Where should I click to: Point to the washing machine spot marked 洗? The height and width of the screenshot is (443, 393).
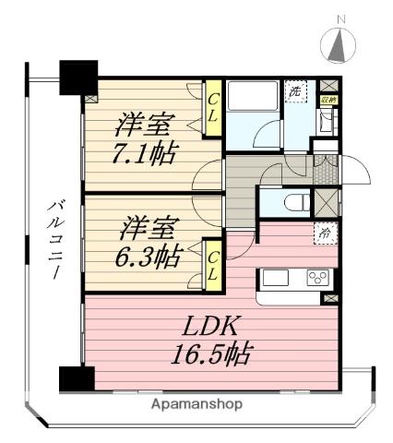click(295, 91)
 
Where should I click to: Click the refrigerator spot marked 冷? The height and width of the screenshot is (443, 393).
click(324, 234)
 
